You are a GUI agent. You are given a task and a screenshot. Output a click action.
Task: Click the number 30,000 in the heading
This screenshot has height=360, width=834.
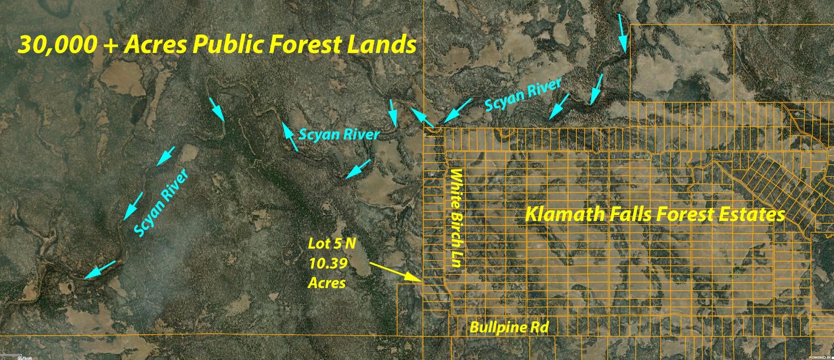pos(57,45)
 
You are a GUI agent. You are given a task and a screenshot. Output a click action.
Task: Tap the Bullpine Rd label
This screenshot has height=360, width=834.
pos(509,327)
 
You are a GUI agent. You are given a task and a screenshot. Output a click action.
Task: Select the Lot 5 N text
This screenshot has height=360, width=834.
pos(331,244)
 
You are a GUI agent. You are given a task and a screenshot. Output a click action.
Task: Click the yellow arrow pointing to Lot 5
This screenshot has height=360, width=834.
pos(395,272)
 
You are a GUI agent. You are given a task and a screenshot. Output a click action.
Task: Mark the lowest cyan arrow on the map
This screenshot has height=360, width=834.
pos(99,269)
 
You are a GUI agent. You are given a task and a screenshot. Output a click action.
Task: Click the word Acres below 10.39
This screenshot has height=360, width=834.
pos(326,283)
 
